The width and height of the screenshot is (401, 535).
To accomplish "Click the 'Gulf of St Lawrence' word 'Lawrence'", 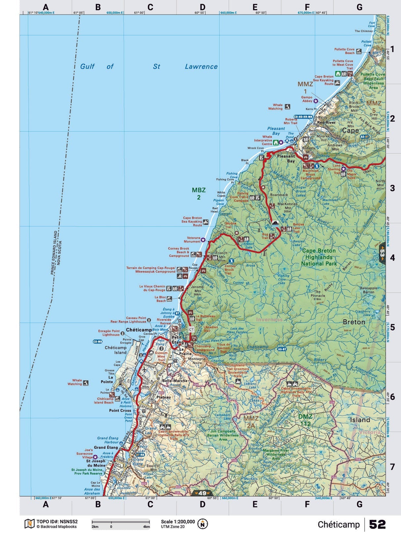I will coord(201,66).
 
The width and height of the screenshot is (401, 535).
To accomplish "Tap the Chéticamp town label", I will coord(139,330).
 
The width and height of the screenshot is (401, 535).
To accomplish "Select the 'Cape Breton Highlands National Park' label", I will coord(318,257).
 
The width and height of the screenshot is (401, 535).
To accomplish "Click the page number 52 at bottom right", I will coord(377,524).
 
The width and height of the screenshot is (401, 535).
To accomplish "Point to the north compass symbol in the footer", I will coord(202,524).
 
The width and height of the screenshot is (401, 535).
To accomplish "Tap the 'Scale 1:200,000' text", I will coord(178,521).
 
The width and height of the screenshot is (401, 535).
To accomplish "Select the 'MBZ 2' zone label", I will coord(199,193).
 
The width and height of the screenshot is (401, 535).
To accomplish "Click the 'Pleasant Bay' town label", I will coord(286,158).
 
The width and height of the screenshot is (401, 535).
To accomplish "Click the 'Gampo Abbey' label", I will coord(307,99).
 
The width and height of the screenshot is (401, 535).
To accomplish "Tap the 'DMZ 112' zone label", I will coord(305,420).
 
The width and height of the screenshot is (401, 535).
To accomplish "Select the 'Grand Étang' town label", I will coord(106,447).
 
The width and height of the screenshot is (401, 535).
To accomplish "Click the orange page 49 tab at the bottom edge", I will coord(202,493).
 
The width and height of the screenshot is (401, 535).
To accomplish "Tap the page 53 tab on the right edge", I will coord(382,253).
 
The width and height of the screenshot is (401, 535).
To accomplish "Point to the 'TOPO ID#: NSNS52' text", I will coord(57,521).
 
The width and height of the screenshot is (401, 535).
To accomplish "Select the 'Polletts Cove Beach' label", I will coord(345,51).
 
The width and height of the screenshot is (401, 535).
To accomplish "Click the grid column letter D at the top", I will coord(202,7).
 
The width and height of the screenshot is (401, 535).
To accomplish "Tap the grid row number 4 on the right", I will coord(392,258).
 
